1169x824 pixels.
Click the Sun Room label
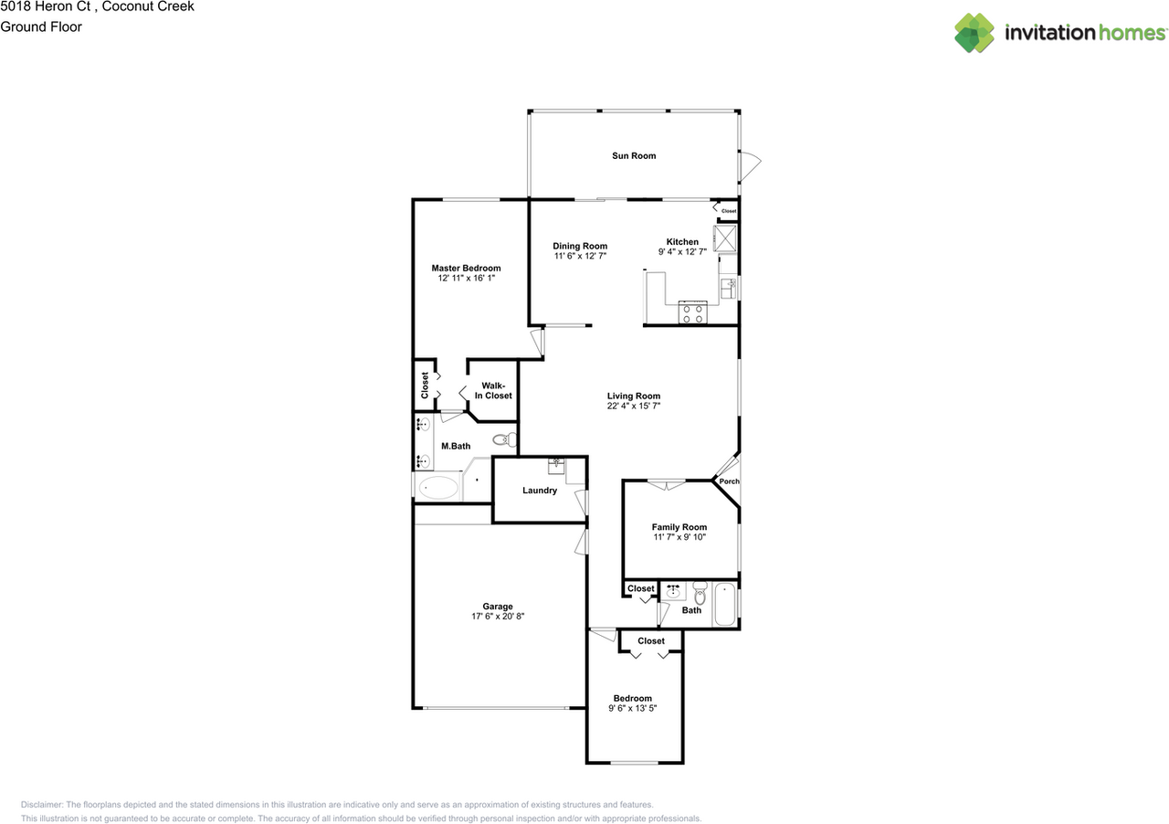634,156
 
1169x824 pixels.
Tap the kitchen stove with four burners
691,313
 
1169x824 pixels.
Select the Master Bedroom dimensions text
466,279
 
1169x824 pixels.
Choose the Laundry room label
540,491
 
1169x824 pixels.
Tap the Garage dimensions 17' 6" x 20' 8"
498,617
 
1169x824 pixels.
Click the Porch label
730,481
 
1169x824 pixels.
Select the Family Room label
679,527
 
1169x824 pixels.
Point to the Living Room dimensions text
634,407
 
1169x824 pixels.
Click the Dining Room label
580,246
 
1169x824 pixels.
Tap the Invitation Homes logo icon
974,33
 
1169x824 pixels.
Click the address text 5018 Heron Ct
46,6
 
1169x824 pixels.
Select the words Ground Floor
41,26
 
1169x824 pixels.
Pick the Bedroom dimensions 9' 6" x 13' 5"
633,708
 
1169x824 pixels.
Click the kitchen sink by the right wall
729,289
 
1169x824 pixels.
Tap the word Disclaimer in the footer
42,805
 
